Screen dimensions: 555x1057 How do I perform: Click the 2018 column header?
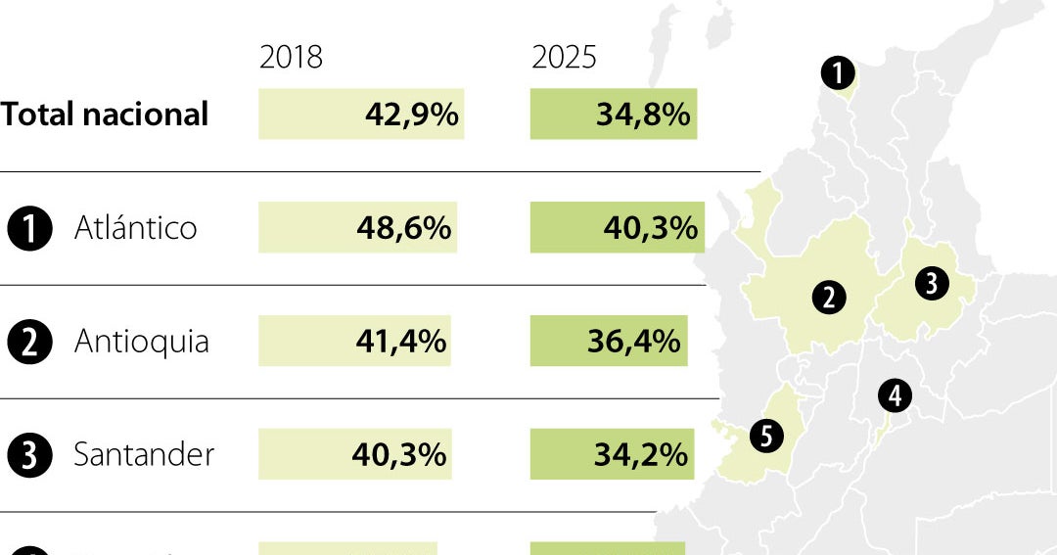coord(291,58)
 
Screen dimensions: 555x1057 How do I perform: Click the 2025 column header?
coord(564,58)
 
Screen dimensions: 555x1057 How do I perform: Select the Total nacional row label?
coord(105,115)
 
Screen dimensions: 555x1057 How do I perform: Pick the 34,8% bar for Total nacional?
coord(614,115)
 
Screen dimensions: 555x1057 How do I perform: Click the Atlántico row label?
coord(135,228)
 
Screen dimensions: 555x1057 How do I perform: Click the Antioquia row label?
coord(142,342)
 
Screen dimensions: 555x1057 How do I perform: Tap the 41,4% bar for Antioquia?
coord(354,342)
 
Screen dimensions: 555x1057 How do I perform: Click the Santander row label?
coord(144,455)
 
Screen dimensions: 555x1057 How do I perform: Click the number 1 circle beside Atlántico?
coord(29,229)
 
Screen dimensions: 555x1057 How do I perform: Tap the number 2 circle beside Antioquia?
coord(29,343)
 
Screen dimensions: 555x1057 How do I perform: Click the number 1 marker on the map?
coord(838,72)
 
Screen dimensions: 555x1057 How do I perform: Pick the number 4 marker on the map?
coord(895,395)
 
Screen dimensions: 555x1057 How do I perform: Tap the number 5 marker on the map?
coord(766,436)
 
